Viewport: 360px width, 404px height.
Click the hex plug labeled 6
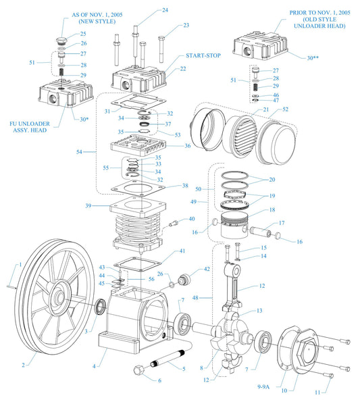click(x=140, y=370)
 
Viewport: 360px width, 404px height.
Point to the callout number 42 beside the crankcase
click(x=206, y=268)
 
